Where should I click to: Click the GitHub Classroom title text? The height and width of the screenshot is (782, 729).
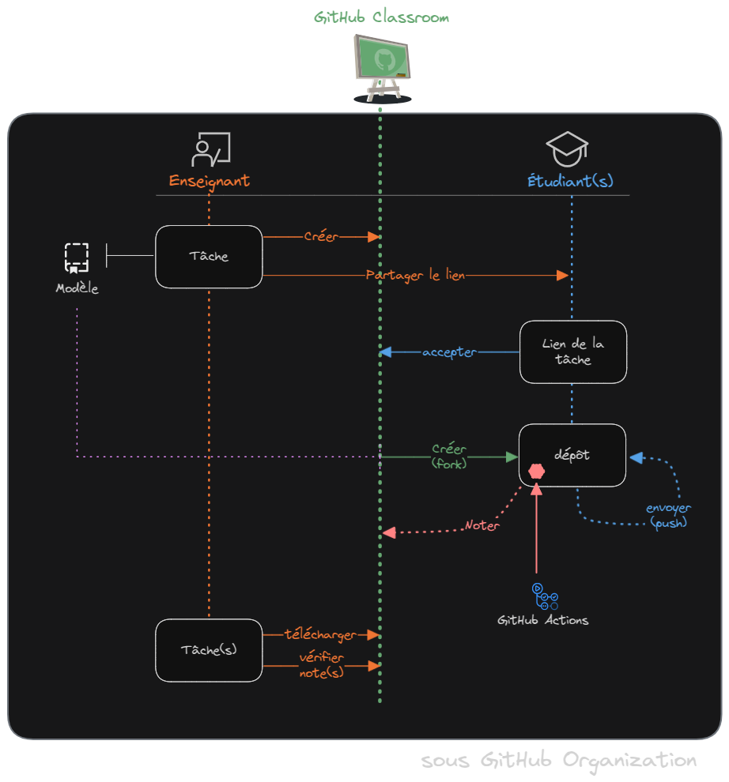[382, 17]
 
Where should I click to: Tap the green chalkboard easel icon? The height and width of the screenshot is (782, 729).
[383, 68]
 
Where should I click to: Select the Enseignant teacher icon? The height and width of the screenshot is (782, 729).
[210, 149]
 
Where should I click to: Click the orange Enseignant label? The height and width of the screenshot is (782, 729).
[210, 181]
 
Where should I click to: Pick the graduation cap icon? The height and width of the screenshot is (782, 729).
[568, 149]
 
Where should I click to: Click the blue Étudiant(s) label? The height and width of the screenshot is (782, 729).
[570, 181]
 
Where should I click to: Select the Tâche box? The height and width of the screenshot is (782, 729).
[209, 256]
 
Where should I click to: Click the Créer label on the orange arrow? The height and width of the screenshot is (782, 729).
[321, 236]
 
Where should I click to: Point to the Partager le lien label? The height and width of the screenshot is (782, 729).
[416, 275]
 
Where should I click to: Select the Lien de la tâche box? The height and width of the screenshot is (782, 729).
[573, 352]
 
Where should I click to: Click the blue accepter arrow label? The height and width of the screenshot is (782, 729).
[449, 352]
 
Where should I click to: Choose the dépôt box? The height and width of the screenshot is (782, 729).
[572, 455]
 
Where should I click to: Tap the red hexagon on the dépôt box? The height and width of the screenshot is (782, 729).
[537, 472]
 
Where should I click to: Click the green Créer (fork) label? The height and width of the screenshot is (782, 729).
[449, 457]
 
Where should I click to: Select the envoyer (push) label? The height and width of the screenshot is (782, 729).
[668, 515]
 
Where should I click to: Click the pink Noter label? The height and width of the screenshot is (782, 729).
[482, 525]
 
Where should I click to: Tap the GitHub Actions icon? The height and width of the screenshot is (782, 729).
[544, 596]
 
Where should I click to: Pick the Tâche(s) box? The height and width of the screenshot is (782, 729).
[209, 650]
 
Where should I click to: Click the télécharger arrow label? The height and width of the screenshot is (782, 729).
[320, 635]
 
